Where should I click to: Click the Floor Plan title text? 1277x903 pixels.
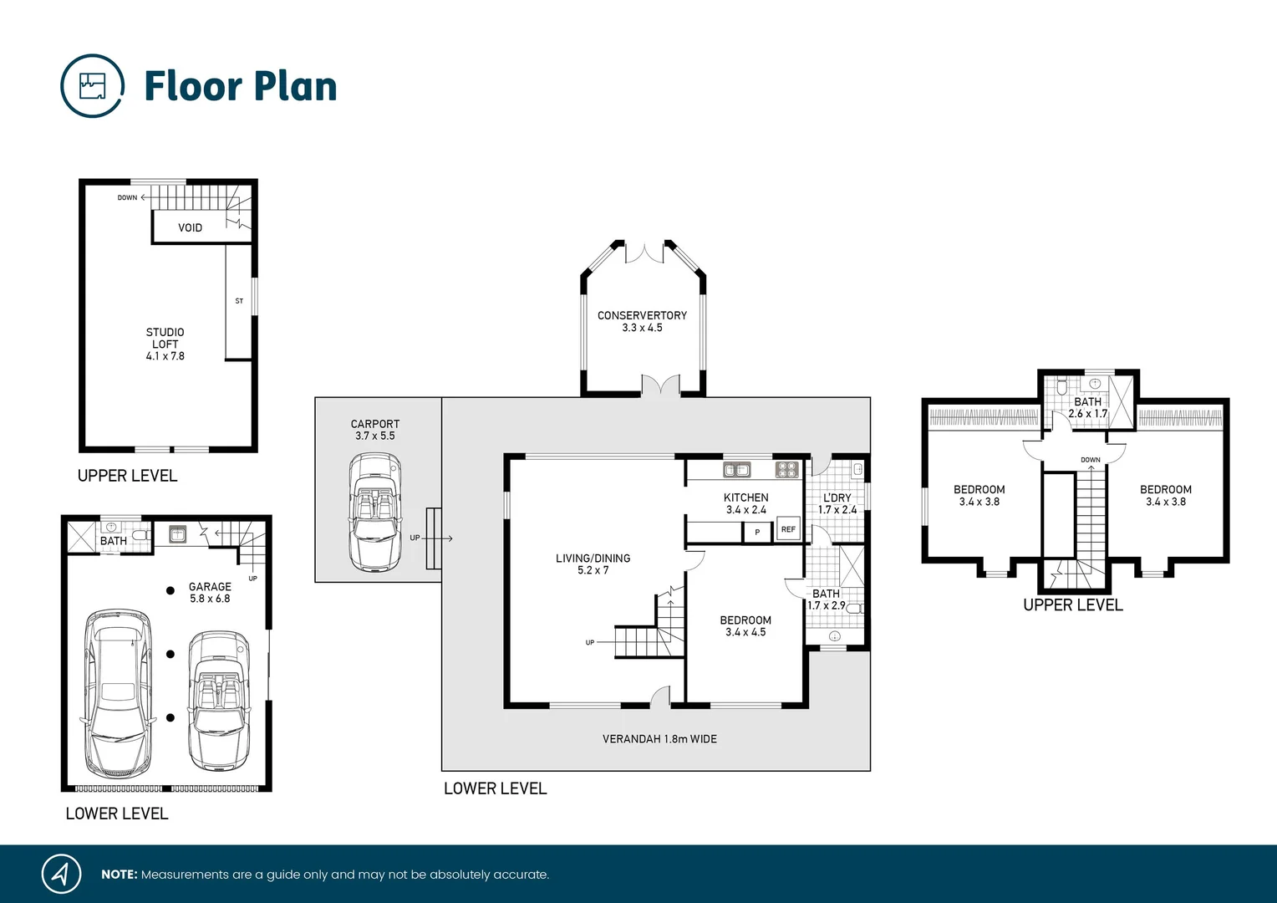(241, 86)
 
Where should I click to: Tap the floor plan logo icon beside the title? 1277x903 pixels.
(93, 86)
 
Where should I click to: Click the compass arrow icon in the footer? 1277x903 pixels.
(61, 874)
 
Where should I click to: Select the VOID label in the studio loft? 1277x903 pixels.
(190, 227)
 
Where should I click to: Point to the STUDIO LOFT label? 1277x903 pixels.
(165, 343)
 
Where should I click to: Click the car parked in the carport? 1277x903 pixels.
(375, 512)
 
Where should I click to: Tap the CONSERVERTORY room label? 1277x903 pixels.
(642, 321)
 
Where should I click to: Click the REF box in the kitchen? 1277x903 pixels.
(788, 529)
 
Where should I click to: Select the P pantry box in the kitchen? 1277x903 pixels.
(757, 532)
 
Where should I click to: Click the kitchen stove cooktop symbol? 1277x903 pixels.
(786, 469)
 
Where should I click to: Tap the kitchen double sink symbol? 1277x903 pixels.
(736, 470)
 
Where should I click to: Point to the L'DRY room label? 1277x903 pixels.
(837, 503)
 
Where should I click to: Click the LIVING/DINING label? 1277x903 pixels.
(593, 564)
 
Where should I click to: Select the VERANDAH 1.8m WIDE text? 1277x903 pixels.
(659, 739)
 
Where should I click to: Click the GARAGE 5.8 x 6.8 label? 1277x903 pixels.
(210, 592)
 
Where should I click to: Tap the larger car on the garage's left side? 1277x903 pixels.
(118, 692)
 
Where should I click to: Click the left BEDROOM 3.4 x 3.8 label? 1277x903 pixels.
(979, 495)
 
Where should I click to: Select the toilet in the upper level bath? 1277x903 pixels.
(1061, 388)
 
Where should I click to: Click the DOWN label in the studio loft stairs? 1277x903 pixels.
(127, 198)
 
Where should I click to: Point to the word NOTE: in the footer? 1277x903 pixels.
(119, 875)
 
